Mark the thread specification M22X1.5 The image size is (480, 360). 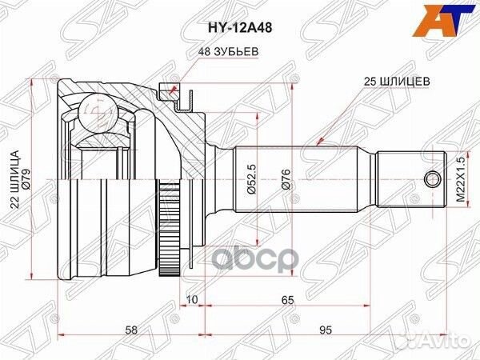pos(460,178)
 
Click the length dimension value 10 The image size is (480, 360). pos(192,299)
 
